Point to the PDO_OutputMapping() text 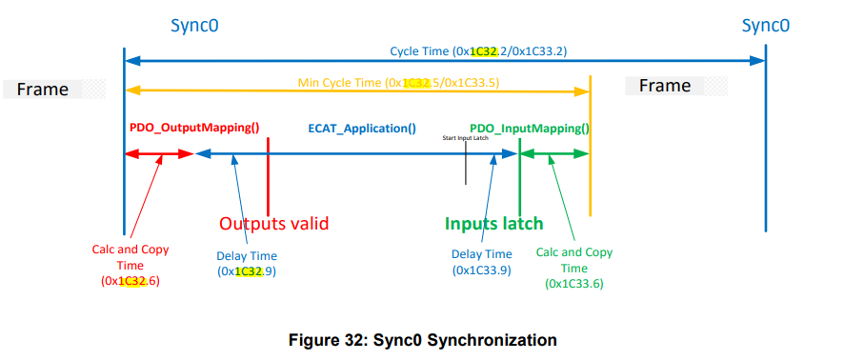click(x=194, y=127)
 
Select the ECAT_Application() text click(x=361, y=127)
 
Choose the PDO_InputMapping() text click(x=530, y=128)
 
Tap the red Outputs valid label click(x=273, y=224)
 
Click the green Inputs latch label click(x=493, y=224)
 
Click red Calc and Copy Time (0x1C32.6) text click(x=131, y=265)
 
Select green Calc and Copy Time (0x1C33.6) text click(x=574, y=268)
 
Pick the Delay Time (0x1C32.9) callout click(x=246, y=263)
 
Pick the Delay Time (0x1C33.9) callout click(x=481, y=262)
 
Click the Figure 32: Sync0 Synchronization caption click(x=422, y=339)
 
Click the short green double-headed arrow click(x=554, y=152)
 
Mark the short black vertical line click(x=465, y=166)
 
